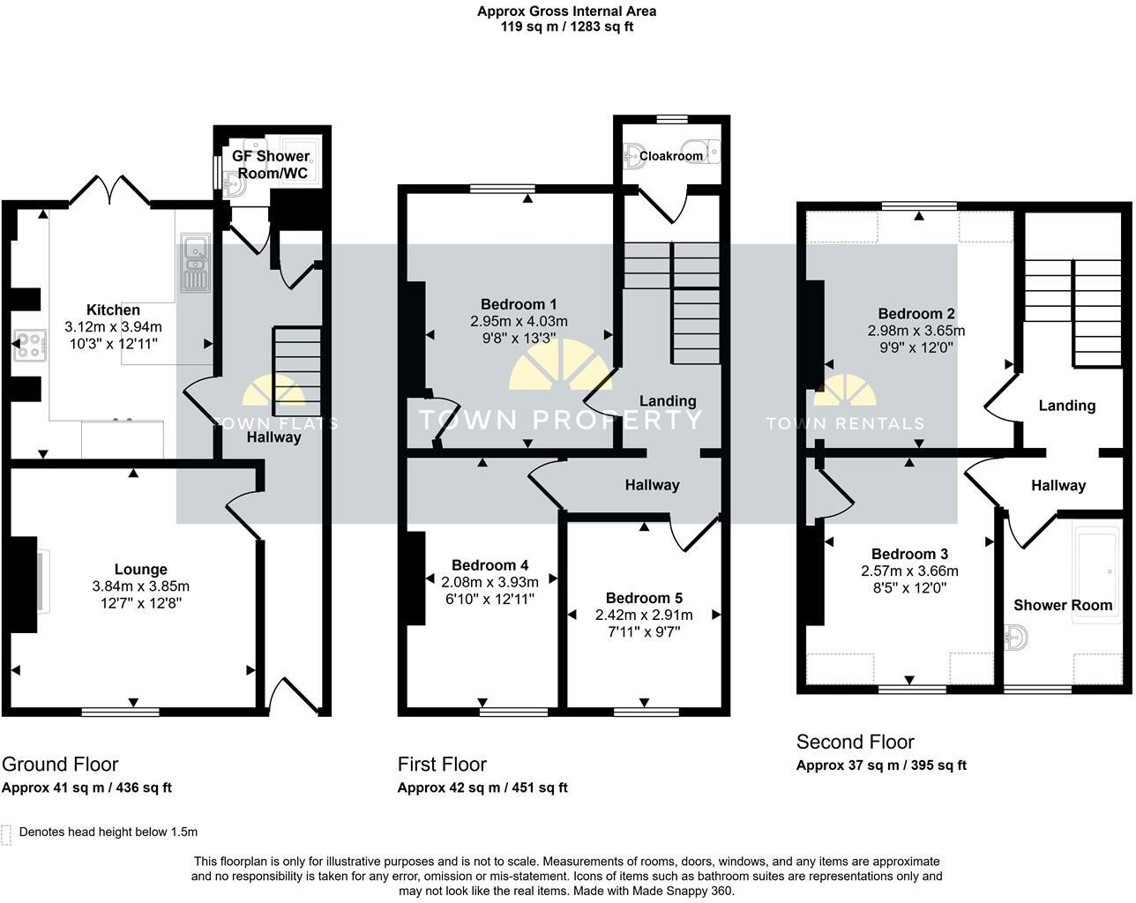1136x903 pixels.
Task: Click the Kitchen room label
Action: point(113,310)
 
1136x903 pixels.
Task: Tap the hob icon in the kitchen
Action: point(29,345)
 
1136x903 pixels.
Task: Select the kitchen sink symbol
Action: point(193,263)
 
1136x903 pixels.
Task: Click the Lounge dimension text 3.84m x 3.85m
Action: point(140,586)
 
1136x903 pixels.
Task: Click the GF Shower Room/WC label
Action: point(270,165)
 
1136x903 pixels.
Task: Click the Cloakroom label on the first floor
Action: point(671,156)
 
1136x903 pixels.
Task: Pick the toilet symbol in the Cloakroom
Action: point(706,150)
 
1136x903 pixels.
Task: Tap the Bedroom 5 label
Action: point(644,598)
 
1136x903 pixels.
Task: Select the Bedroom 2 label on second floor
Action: point(916,314)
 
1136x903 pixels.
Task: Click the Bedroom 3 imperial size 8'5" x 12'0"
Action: point(909,587)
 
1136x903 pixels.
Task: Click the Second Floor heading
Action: point(855,742)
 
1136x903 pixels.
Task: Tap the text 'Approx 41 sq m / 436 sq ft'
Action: point(86,787)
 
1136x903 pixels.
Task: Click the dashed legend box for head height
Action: point(7,833)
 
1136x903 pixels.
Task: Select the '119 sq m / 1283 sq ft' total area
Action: point(566,26)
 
